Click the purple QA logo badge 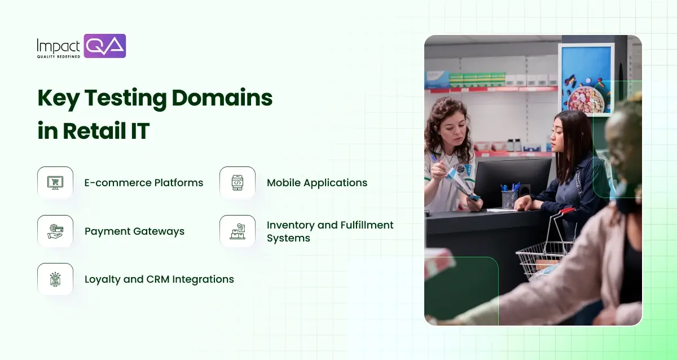104,46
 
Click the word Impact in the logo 59,45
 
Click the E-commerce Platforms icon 55,183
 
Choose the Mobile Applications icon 238,183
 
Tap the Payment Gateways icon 55,231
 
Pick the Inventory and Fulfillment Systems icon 238,231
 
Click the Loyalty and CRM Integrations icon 55,279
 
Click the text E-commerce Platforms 144,183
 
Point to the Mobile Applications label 317,183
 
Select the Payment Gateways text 134,231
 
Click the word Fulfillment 362,225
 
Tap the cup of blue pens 509,197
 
